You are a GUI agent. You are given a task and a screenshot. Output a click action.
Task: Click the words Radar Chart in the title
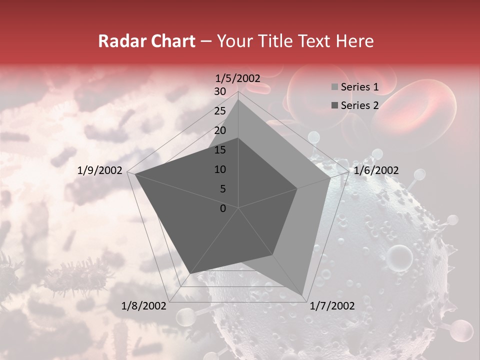146,41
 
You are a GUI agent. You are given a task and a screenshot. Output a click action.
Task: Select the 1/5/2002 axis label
238,78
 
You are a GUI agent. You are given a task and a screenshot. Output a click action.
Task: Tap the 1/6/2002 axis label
376,170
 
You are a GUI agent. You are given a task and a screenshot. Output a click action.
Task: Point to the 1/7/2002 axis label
332,305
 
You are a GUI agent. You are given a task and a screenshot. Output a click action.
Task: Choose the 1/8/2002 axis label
144,305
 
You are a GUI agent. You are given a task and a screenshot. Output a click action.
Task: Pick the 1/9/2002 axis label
100,170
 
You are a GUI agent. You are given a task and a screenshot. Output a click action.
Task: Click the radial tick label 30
219,91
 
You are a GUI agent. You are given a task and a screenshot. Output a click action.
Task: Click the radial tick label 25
219,111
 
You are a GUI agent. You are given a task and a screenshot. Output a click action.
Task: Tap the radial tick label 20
219,130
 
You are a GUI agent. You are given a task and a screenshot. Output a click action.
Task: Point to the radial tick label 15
219,150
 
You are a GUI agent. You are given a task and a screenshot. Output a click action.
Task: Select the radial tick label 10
219,169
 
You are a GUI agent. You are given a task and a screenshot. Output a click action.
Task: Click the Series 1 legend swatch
334,87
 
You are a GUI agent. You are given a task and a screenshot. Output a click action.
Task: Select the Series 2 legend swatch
334,105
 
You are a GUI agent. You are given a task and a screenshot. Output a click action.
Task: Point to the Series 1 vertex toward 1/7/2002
302,295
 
